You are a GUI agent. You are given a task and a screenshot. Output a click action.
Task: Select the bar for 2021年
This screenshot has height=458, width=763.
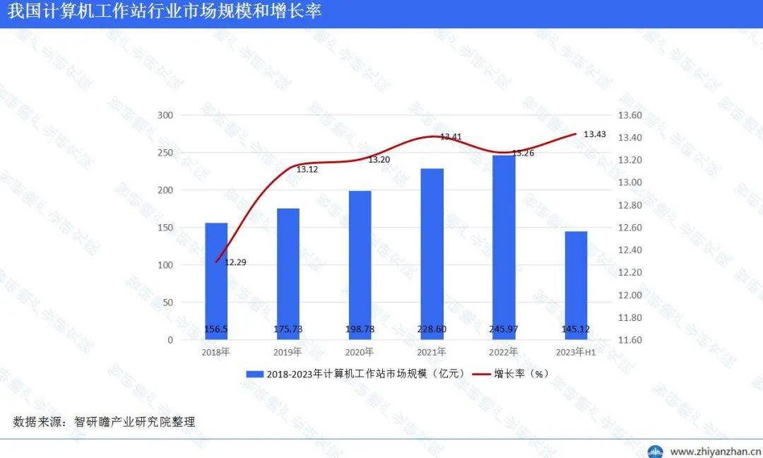click(432, 254)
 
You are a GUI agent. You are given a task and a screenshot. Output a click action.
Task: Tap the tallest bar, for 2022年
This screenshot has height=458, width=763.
click(504, 247)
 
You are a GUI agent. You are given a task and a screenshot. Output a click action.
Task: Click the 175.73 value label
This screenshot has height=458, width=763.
click(288, 329)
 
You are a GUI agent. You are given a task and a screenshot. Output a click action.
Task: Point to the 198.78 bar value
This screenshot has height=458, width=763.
click(360, 329)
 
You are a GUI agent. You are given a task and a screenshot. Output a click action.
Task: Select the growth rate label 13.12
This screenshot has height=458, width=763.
click(307, 170)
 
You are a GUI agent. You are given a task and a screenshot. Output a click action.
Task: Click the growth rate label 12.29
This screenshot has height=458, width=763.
click(235, 262)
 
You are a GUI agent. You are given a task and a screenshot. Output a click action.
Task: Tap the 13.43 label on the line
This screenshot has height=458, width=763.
click(595, 134)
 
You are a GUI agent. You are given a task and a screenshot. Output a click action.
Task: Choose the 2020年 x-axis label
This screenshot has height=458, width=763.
click(359, 351)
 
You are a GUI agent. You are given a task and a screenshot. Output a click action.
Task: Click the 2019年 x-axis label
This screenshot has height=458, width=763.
click(287, 351)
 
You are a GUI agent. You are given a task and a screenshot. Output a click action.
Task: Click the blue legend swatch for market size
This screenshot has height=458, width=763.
click(254, 374)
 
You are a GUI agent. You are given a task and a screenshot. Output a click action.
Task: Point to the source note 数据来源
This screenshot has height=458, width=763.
click(104, 422)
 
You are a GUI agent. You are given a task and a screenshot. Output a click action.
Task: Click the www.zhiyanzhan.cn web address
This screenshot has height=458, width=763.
click(715, 451)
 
